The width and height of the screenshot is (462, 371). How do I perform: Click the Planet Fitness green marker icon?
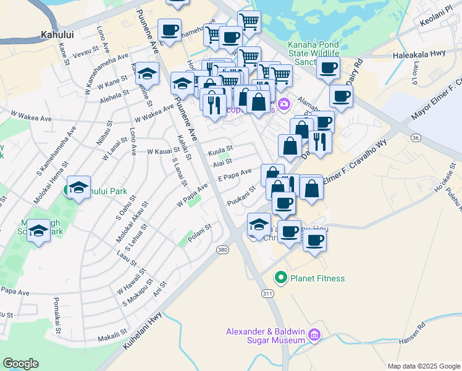coord(282,278)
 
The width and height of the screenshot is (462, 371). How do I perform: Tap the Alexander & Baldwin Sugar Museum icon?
coord(314,335)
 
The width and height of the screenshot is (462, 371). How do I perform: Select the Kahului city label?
coord(57,35)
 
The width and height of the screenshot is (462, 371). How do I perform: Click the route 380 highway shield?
coord(223,249)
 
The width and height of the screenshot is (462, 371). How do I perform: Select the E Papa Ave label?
coord(235,176)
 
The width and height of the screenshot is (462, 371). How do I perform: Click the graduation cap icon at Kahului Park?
coord(78,187)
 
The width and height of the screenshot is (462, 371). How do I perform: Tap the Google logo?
coord(20,364)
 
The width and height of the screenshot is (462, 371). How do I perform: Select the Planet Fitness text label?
coord(318,278)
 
